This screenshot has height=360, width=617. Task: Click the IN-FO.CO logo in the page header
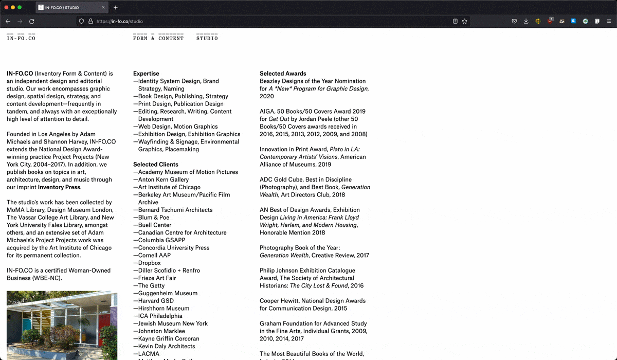pyautogui.click(x=21, y=38)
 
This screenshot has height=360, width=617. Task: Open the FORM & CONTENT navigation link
pyautogui.click(x=158, y=38)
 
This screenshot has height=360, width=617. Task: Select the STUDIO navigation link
pyautogui.click(x=207, y=38)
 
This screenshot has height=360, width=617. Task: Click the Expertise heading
pyautogui.click(x=146, y=74)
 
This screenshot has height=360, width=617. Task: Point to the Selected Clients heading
pyautogui.click(x=156, y=165)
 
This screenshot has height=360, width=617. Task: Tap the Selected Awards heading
pyautogui.click(x=283, y=74)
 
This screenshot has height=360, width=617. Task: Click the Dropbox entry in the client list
pyautogui.click(x=149, y=263)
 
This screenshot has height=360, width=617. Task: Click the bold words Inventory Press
pyautogui.click(x=59, y=187)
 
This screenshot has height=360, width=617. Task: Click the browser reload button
pyautogui.click(x=32, y=22)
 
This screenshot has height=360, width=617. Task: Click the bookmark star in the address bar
pyautogui.click(x=465, y=22)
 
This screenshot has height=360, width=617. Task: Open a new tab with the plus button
pyautogui.click(x=116, y=8)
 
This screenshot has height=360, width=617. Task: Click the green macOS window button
pyautogui.click(x=20, y=8)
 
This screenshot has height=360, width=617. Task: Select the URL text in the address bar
pyautogui.click(x=119, y=22)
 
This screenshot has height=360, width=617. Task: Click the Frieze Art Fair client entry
pyautogui.click(x=157, y=278)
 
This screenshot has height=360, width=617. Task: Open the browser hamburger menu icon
pyautogui.click(x=609, y=22)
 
